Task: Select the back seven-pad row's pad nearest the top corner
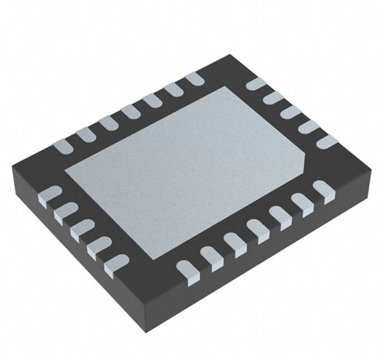coord(193,79)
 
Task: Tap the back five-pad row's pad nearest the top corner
coord(256,83)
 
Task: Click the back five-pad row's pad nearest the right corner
coord(327,142)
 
